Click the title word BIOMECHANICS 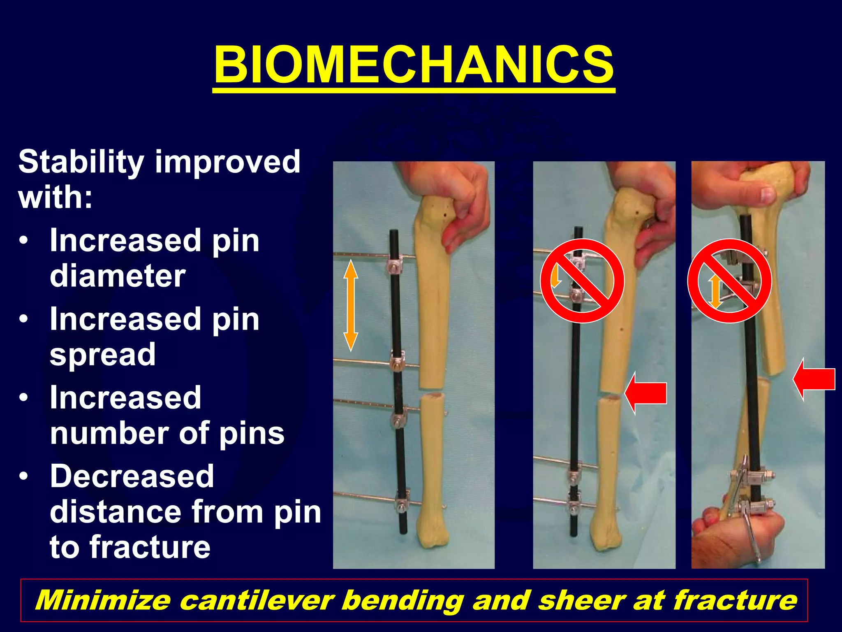[414, 65]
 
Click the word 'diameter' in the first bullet [118, 276]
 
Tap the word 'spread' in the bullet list [103, 355]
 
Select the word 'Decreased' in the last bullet [132, 476]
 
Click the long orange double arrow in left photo [351, 305]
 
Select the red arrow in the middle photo [645, 393]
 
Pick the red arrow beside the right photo [814, 379]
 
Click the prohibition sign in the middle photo [582, 281]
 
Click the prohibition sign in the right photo [730, 281]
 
